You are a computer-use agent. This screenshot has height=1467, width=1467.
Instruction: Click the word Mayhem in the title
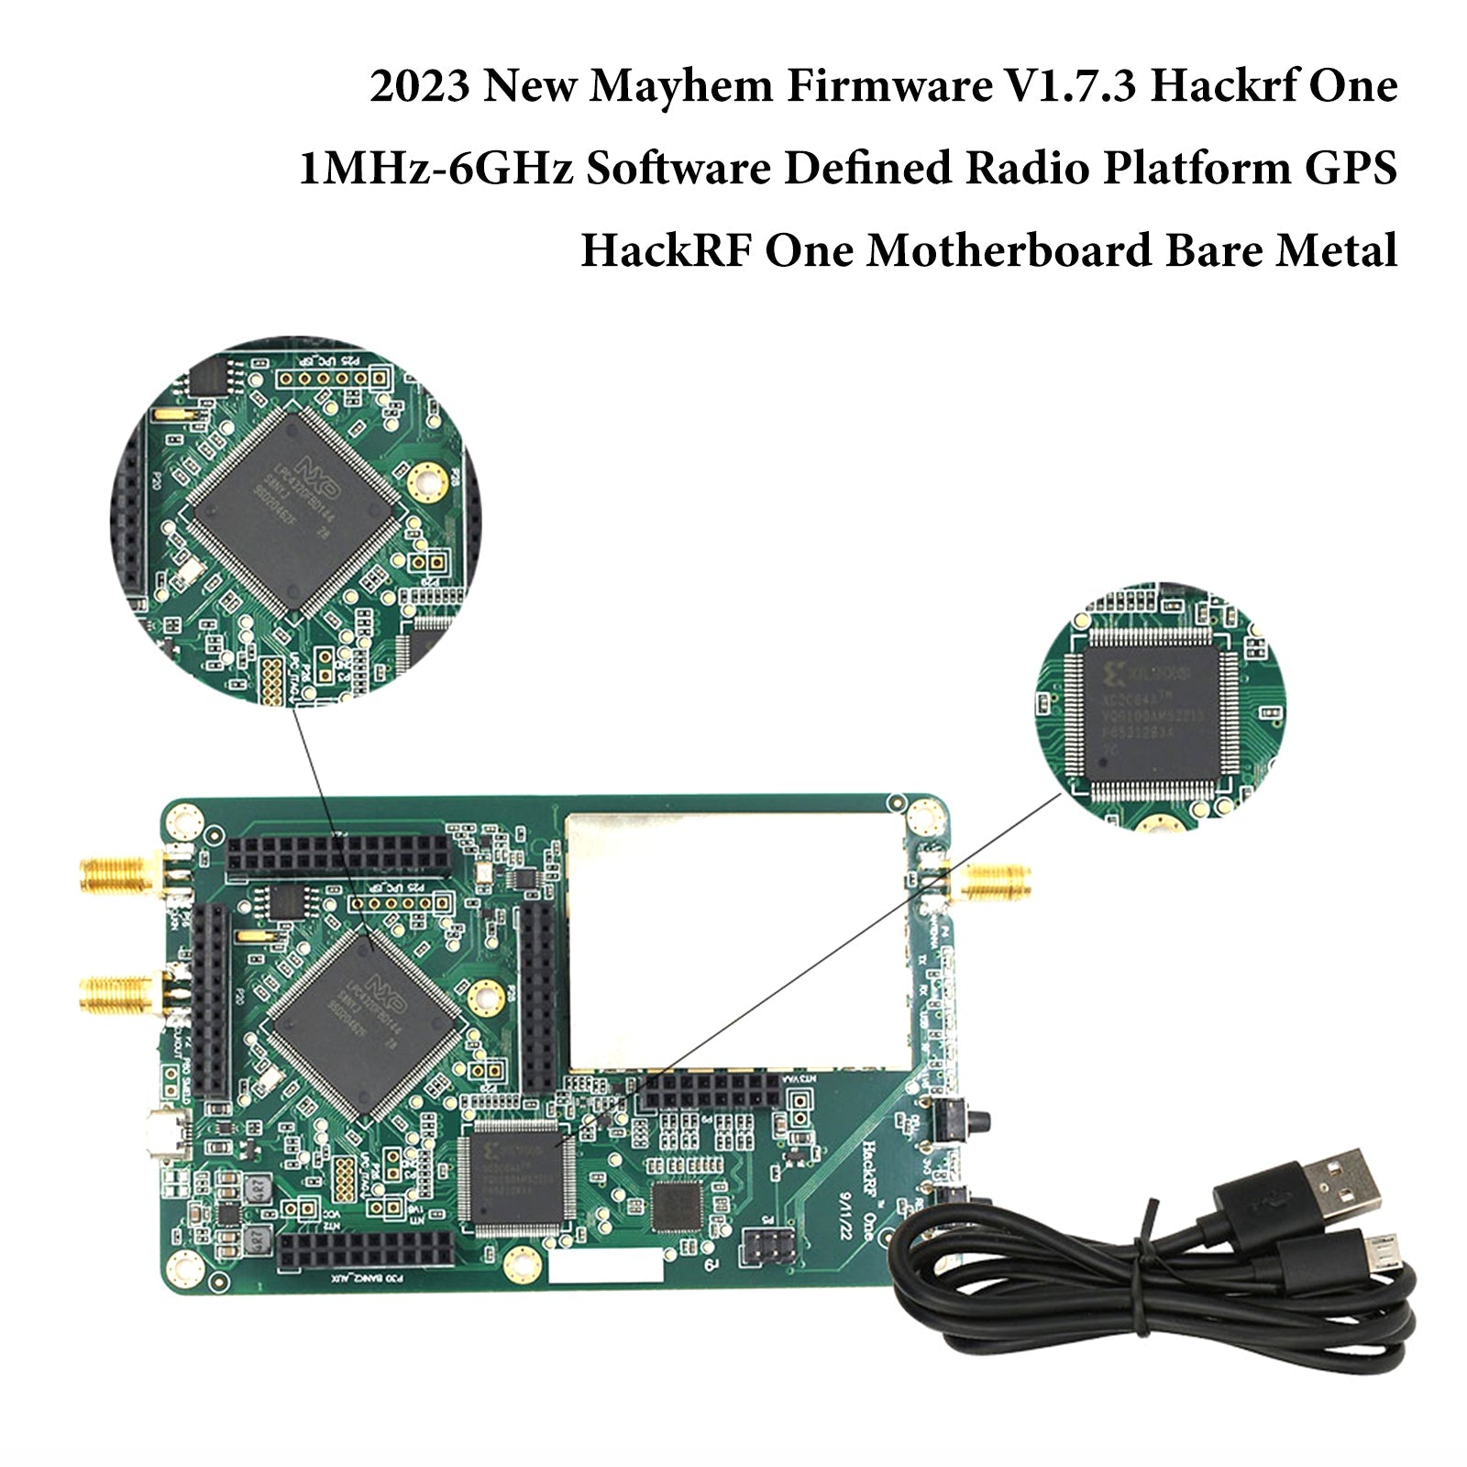point(682,88)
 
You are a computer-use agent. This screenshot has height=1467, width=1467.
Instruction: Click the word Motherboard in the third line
point(1008,250)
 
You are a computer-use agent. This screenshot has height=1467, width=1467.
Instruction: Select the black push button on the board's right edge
point(966,1120)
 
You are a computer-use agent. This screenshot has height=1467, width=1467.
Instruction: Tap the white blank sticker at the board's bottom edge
point(604,1266)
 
